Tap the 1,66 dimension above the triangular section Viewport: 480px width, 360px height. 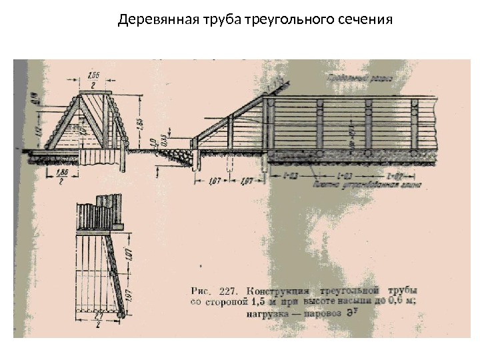tap(93, 75)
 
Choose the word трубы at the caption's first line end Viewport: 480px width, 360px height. tap(403, 291)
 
